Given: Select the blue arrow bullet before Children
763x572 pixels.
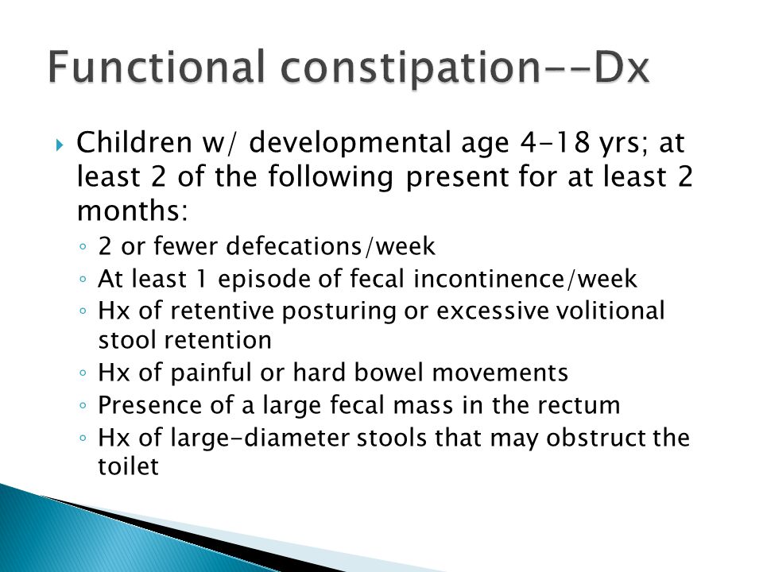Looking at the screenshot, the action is tap(60, 145).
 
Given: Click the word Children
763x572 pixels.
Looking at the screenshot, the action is tap(134, 142).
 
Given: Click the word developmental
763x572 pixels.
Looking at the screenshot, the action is tap(350, 144).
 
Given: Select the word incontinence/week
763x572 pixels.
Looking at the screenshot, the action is tap(525, 279).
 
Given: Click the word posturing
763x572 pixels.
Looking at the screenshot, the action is tap(339, 311).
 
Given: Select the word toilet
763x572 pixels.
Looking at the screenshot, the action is tap(129, 466).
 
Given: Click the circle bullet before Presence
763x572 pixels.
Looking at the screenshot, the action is tap(83, 404).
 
